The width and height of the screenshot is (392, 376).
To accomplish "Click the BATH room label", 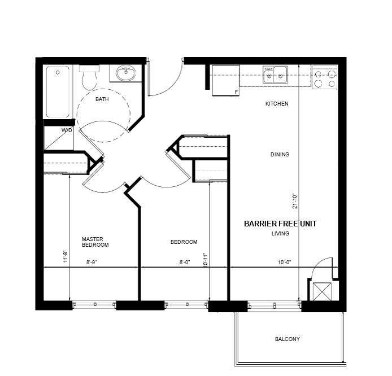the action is [x=102, y=99].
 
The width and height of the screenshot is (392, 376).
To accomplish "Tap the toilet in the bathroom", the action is [x=89, y=77].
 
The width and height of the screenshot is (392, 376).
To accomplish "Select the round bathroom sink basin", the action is [x=126, y=73].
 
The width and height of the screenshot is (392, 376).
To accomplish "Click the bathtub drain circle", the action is [x=58, y=72].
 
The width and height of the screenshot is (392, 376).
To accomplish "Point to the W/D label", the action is [x=67, y=130].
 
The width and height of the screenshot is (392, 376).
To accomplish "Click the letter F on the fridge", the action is [x=236, y=92].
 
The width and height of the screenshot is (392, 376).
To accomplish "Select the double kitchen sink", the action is [x=275, y=75].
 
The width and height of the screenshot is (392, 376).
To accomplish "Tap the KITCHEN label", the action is [x=277, y=104].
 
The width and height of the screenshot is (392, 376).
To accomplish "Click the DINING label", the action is [x=280, y=154].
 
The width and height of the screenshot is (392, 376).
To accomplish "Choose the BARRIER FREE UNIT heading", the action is [x=280, y=224].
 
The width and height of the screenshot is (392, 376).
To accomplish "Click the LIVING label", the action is [x=281, y=233].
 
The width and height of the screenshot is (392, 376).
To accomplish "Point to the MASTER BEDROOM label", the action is [x=95, y=242].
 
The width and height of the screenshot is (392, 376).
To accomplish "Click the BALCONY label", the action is [x=288, y=339].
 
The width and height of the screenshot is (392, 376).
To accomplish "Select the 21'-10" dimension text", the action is [x=295, y=201].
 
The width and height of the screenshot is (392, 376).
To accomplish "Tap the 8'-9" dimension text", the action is [x=92, y=263].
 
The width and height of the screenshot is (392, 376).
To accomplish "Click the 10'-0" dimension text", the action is [x=285, y=263].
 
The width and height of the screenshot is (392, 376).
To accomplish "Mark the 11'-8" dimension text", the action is [x=66, y=256].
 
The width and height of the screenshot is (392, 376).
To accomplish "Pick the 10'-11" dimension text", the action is [x=206, y=260].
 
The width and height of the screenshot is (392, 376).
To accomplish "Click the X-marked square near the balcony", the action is [x=322, y=291].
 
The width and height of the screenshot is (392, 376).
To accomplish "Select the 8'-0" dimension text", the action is [x=185, y=263].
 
